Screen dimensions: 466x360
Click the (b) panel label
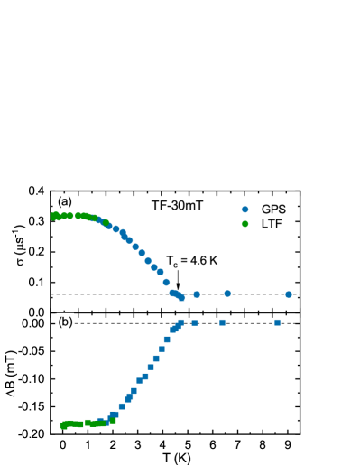65,322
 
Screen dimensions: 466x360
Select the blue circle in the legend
245,210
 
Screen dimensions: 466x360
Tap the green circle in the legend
245,224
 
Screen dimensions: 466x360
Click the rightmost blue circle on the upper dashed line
289,294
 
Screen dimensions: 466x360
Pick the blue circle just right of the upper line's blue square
227,294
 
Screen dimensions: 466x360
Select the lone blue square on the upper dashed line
197,294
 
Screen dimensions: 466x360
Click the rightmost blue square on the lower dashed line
277,322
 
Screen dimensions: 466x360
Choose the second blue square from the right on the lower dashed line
222,322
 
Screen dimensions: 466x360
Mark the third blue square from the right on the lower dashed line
194,322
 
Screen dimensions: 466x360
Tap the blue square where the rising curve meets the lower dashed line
180,322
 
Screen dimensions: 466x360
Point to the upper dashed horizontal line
108,294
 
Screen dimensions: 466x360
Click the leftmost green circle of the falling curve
54,217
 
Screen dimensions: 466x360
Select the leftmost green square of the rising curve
64,425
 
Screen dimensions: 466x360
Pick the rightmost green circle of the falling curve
106,222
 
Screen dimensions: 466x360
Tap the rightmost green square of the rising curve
113,420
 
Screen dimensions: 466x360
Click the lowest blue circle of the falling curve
181,297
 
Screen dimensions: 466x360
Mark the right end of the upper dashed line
297,294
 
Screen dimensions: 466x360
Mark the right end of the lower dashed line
294,323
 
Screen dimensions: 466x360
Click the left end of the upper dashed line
52,294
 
